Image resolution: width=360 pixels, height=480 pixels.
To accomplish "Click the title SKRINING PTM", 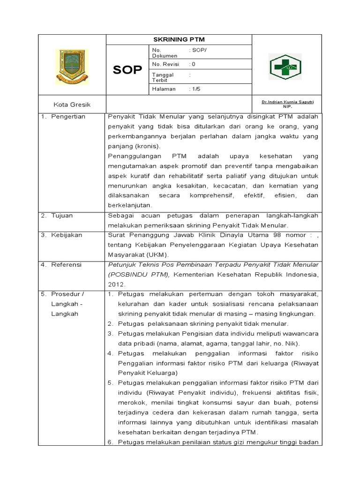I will click(x=179, y=39).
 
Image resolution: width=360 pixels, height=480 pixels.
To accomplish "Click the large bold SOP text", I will click(x=127, y=70).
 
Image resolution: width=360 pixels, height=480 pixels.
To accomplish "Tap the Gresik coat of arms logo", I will click(x=72, y=67).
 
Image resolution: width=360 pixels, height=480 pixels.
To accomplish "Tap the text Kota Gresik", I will click(x=72, y=104).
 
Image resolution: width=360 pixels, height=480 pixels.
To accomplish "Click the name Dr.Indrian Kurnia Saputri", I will click(x=287, y=102).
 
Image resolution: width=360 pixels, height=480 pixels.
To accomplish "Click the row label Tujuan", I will click(x=63, y=216).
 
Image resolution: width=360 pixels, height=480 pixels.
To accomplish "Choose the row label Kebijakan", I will click(x=67, y=235).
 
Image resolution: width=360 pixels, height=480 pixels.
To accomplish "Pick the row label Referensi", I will click(x=67, y=265).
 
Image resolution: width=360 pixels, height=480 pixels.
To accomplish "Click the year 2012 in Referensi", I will click(x=116, y=284).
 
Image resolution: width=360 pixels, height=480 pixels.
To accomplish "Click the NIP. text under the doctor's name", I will click(x=287, y=106).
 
